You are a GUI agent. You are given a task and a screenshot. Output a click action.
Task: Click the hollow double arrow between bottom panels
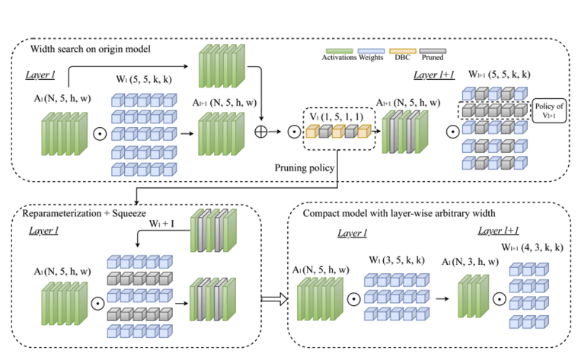(272, 298)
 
